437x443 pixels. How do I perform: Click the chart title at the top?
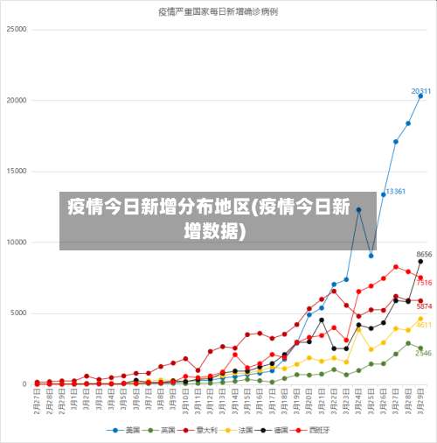pos(218,12)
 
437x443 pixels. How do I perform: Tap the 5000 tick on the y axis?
pos(18,313)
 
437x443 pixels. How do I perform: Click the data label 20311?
pos(420,91)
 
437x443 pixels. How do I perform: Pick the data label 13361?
pos(395,191)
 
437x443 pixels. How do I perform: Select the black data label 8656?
pos(424,254)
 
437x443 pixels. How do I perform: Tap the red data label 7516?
pos(424,283)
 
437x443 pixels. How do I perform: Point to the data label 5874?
pos(424,306)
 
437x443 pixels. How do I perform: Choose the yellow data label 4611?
pos(424,325)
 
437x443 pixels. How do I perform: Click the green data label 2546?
pos(424,353)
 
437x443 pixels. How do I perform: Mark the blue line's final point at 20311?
pos(420,96)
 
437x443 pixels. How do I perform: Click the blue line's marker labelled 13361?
pos(383,194)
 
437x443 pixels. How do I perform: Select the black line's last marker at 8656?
pos(420,261)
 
